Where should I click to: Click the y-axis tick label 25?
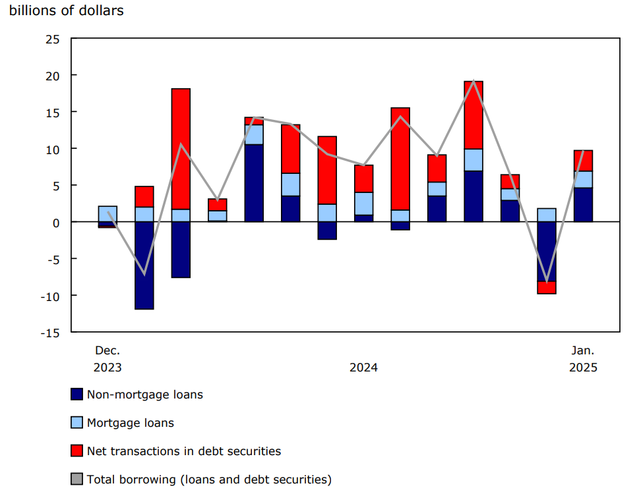pyautogui.click(x=53, y=39)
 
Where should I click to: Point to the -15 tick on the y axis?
pyautogui.click(x=51, y=332)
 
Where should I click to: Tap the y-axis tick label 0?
pyautogui.click(x=57, y=222)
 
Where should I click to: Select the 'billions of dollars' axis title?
pyautogui.click(x=66, y=11)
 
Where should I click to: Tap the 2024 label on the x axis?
pyautogui.click(x=363, y=368)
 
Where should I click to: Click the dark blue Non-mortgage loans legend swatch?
pyautogui.click(x=77, y=395)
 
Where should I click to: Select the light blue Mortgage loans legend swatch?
pyautogui.click(x=77, y=423)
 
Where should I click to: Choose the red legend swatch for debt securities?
pyautogui.click(x=77, y=451)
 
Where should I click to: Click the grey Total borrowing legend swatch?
pyautogui.click(x=77, y=480)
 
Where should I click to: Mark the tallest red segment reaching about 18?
pyautogui.click(x=181, y=149)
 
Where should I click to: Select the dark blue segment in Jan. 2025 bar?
pyautogui.click(x=583, y=205)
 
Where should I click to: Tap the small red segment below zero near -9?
pyautogui.click(x=547, y=287)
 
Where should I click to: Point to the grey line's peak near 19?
pyautogui.click(x=473, y=82)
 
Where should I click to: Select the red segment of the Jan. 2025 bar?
pyautogui.click(x=583, y=161)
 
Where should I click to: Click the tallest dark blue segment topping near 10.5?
pyautogui.click(x=254, y=183)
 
